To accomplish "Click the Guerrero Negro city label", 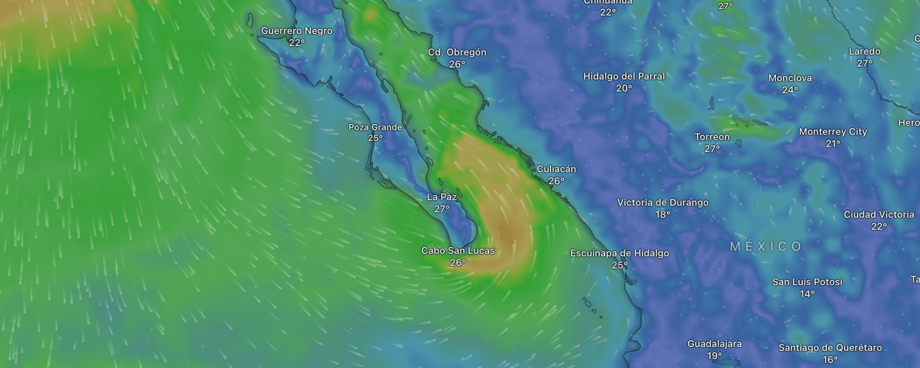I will pos(297,31).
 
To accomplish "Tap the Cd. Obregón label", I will pos(457,52).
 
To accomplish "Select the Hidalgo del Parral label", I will pos(624,76).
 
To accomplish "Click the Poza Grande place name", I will pos(375,127).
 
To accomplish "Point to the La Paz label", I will pos(442,197).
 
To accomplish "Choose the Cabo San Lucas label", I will pos(458,251).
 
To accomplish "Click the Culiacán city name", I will pos(556,169).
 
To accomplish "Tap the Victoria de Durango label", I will pos(663,203).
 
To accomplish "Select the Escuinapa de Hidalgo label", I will pos(620,253).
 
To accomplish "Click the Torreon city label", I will pos(712,137).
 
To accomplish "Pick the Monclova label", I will pos(790,78).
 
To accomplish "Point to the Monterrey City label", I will pos(833,132).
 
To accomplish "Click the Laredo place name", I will pos(865,51).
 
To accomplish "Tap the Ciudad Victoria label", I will pos(879,215).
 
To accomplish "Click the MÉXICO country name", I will pos(766,246).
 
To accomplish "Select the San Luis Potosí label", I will pos(807,282).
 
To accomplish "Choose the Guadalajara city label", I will pos(714,344).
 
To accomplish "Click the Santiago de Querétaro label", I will pos(830,348).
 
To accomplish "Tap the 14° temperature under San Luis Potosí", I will pos(807,294).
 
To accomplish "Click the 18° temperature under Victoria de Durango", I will pos(663,215).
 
